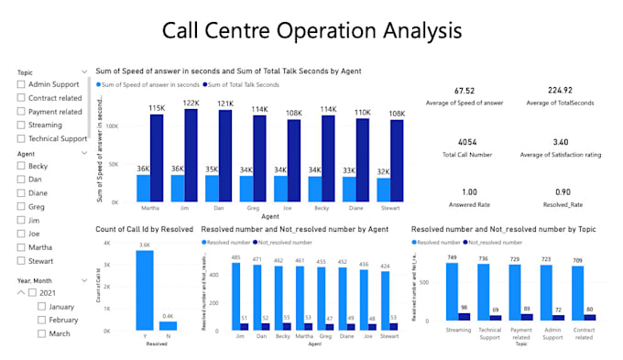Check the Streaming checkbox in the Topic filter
[x=21, y=125]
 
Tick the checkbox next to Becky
[x=21, y=167]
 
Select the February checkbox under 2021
[x=41, y=321]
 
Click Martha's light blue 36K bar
[x=143, y=187]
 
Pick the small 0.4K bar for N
[x=168, y=325]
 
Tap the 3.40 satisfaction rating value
[x=562, y=143]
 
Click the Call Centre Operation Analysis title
[x=311, y=30]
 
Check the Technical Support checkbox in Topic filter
[x=21, y=138]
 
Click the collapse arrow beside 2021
[x=21, y=292]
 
